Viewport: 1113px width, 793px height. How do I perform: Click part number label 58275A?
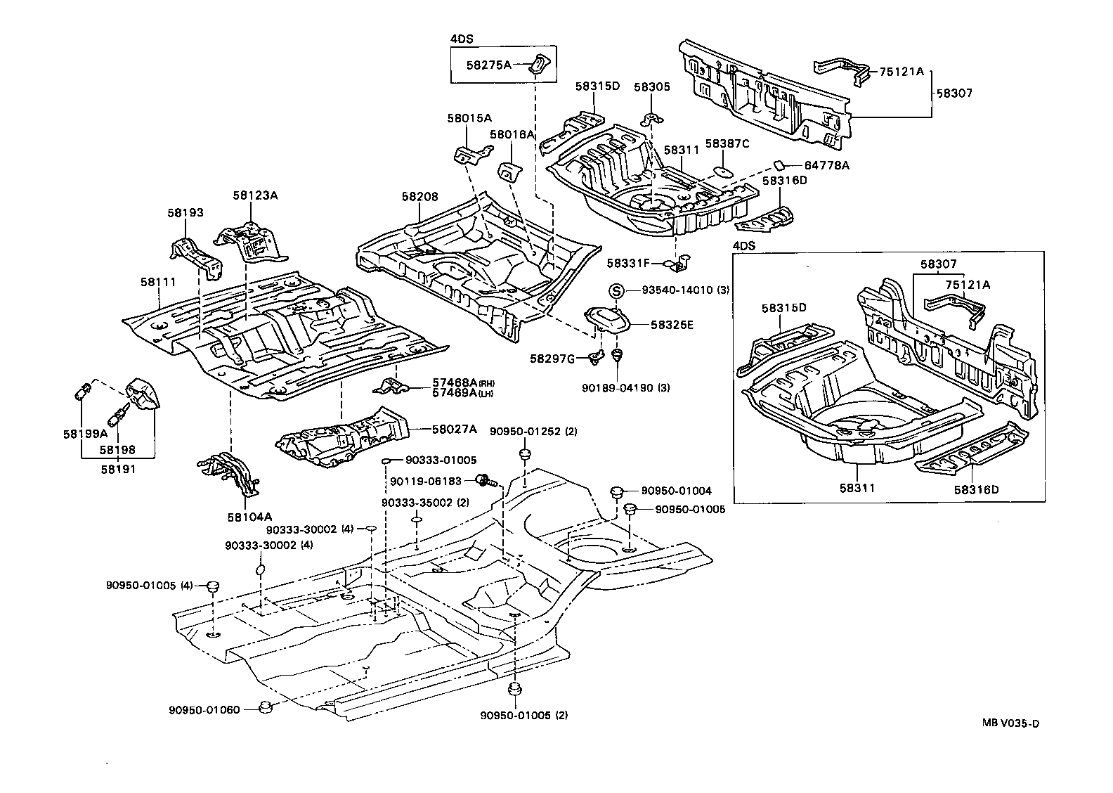point(489,65)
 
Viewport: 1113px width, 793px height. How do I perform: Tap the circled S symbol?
point(616,290)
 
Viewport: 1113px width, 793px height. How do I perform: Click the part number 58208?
point(420,197)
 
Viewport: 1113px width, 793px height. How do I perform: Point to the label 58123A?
point(256,195)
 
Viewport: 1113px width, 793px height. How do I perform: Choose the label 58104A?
point(245,517)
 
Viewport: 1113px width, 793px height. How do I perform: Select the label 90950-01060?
point(203,709)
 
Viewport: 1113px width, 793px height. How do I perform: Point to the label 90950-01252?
point(532,432)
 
